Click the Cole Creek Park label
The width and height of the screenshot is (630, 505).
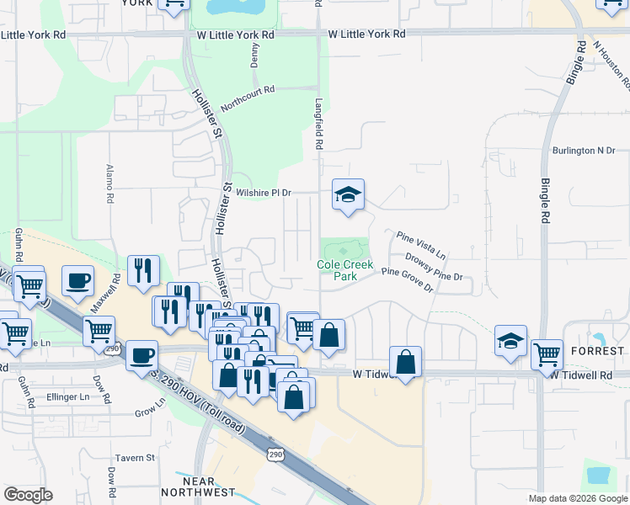pos(344,269)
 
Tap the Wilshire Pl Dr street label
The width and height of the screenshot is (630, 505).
pos(263,193)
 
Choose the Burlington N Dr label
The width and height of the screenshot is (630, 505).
pos(584,151)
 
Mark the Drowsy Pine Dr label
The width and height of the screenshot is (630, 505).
pos(434,265)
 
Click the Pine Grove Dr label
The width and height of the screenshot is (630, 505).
pos(407,279)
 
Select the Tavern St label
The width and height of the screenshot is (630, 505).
pos(136,458)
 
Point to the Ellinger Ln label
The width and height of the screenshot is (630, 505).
pos(67,396)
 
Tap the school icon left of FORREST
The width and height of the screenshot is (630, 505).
pos(510,341)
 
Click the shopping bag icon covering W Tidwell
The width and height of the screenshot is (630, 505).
pos(406,363)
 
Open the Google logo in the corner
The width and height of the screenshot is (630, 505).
pos(28,495)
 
